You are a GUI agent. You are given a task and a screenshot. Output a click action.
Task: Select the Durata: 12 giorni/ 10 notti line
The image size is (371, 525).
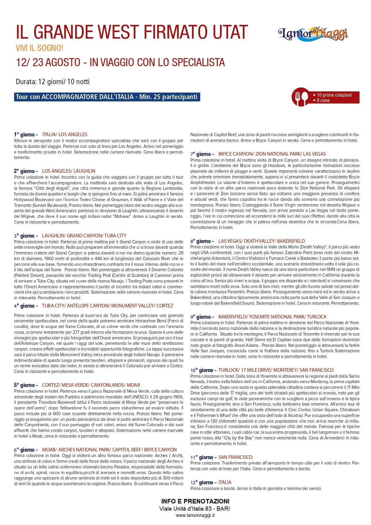(x=53, y=82)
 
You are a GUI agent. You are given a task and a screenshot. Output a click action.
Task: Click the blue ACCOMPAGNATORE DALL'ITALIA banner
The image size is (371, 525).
(x=106, y=97)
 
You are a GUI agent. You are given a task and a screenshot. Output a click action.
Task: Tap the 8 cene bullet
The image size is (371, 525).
(x=323, y=101)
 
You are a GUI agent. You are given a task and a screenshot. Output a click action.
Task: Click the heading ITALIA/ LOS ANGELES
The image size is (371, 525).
(x=65, y=134)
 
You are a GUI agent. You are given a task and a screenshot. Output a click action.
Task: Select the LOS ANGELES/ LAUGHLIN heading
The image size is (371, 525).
(x=69, y=171)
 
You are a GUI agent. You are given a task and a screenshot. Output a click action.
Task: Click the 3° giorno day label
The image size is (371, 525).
(x=26, y=236)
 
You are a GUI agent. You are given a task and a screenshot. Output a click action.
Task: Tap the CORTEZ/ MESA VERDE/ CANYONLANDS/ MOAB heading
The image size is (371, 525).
(x=91, y=385)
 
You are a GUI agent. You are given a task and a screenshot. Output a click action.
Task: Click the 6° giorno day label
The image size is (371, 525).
(x=26, y=450)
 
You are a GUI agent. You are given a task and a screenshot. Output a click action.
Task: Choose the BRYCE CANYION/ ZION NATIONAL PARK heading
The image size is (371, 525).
(x=272, y=154)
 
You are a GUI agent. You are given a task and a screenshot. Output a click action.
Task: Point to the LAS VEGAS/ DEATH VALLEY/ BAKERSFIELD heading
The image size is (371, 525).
(x=262, y=241)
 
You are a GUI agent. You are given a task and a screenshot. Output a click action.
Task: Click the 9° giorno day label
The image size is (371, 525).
(x=202, y=317)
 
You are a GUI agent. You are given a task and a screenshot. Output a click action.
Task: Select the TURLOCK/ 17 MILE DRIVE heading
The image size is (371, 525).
(x=276, y=370)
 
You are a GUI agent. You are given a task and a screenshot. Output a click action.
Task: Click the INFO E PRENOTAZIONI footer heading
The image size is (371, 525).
(x=195, y=501)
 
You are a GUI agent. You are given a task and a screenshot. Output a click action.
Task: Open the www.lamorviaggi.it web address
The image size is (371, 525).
(x=195, y=515)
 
